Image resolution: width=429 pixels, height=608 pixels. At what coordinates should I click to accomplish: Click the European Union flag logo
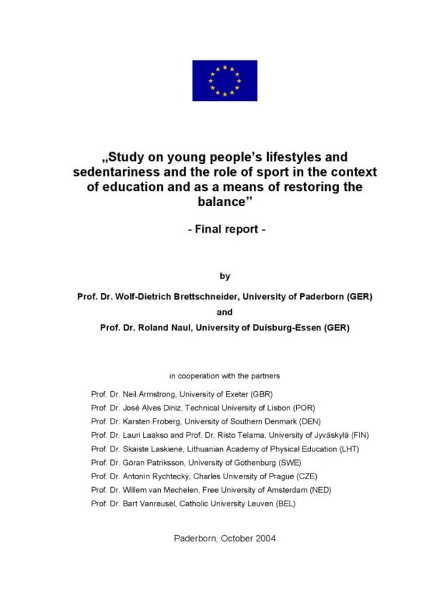coord(225,80)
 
